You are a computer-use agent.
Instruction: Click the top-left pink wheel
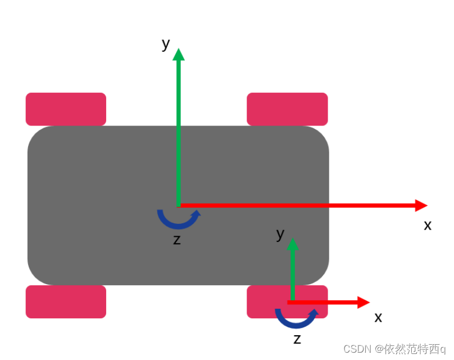pyautogui.click(x=66, y=109)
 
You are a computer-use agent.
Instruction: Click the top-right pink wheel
pyautogui.click(x=287, y=109)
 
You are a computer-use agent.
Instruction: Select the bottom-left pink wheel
pyautogui.click(x=66, y=301)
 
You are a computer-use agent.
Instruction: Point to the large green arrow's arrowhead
pyautogui.click(x=179, y=55)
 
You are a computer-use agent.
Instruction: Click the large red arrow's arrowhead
pyautogui.click(x=421, y=205)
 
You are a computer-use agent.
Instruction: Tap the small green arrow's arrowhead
pyautogui.click(x=292, y=244)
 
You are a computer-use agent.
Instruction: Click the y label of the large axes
pyautogui.click(x=166, y=43)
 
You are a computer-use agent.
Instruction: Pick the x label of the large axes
pyautogui.click(x=428, y=226)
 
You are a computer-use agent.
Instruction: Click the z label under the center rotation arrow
pyautogui.click(x=177, y=240)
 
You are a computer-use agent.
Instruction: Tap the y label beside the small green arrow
pyautogui.click(x=280, y=234)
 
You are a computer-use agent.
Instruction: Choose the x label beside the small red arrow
pyautogui.click(x=378, y=318)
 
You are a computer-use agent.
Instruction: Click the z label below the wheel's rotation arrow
pyautogui.click(x=297, y=339)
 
